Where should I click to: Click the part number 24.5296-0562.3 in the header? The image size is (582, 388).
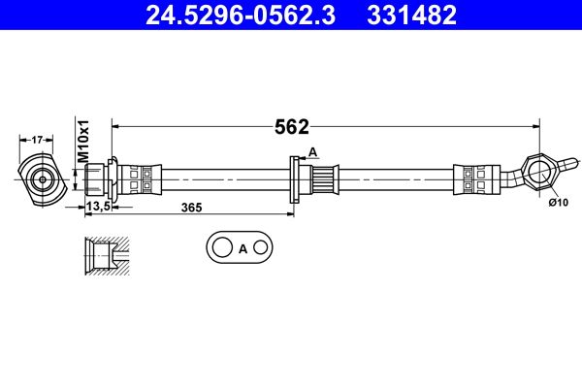click(x=241, y=16)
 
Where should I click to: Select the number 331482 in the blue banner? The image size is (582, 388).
click(x=411, y=16)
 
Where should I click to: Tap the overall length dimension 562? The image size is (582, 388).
click(x=291, y=127)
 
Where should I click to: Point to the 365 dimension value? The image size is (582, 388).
click(x=191, y=208)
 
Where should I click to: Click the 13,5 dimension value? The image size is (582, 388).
click(x=98, y=206)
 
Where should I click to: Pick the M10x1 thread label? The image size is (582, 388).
click(x=83, y=141)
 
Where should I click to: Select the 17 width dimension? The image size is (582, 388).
click(x=37, y=140)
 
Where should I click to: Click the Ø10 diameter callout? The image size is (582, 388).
click(x=559, y=203)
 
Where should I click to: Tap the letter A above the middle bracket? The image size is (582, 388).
click(x=313, y=152)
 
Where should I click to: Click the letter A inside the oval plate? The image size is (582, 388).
click(x=242, y=248)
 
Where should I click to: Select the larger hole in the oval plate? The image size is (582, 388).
click(x=222, y=247)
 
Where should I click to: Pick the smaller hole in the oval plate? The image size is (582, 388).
click(x=261, y=247)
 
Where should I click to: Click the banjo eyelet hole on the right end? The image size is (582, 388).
click(x=539, y=174)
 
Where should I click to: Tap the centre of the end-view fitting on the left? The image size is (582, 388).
click(x=43, y=179)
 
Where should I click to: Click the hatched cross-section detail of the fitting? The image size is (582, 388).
click(x=108, y=255)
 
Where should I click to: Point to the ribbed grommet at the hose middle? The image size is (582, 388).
click(x=324, y=179)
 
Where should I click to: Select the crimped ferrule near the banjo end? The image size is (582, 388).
click(x=476, y=179)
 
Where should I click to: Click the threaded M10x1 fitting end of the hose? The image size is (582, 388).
click(x=95, y=179)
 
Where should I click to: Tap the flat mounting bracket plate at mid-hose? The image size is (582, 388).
click(x=294, y=179)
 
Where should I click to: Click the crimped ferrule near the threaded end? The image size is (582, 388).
click(x=141, y=179)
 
